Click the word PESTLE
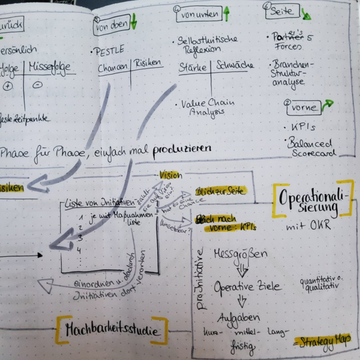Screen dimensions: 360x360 pos(109,51)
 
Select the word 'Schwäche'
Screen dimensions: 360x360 pos(235,65)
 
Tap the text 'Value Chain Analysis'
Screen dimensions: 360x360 pos(207,107)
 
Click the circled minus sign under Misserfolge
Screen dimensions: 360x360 pos(37,84)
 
